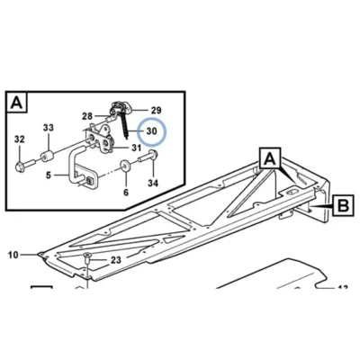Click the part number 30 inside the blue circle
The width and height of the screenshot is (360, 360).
[151, 131]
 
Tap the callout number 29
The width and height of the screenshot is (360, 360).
[156, 111]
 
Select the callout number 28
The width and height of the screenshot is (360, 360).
[87, 116]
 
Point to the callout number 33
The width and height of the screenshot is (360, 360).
[48, 128]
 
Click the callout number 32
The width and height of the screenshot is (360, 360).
[20, 139]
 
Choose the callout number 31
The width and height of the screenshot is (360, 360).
[136, 148]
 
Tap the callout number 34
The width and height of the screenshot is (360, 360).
[153, 183]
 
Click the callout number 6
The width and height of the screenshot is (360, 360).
[126, 193]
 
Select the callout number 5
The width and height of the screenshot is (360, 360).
[49, 175]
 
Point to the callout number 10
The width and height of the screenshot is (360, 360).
[13, 255]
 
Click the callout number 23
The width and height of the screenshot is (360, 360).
[116, 260]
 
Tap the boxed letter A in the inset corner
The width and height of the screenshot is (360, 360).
[16, 103]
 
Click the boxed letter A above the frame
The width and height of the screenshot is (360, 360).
[270, 157]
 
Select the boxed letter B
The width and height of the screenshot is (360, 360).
[343, 206]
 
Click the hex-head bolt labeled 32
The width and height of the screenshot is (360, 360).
[24, 166]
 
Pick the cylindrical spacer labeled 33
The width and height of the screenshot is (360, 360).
[47, 157]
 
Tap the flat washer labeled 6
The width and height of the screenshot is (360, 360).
[125, 165]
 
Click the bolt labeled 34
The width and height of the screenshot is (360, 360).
[148, 156]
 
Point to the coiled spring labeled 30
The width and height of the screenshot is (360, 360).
[125, 125]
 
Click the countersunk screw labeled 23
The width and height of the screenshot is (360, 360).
[86, 258]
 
